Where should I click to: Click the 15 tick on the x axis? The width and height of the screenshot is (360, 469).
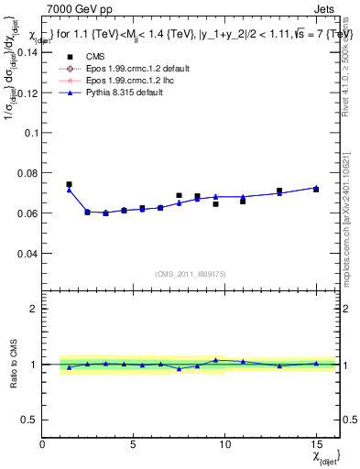tap(316, 444)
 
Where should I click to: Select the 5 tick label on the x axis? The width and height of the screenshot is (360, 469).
tap(134, 444)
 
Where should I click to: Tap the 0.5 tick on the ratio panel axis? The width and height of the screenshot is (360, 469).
tap(30, 419)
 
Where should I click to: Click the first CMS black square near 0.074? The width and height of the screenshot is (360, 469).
tap(69, 184)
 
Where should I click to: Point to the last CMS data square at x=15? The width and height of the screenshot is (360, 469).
tap(316, 189)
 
